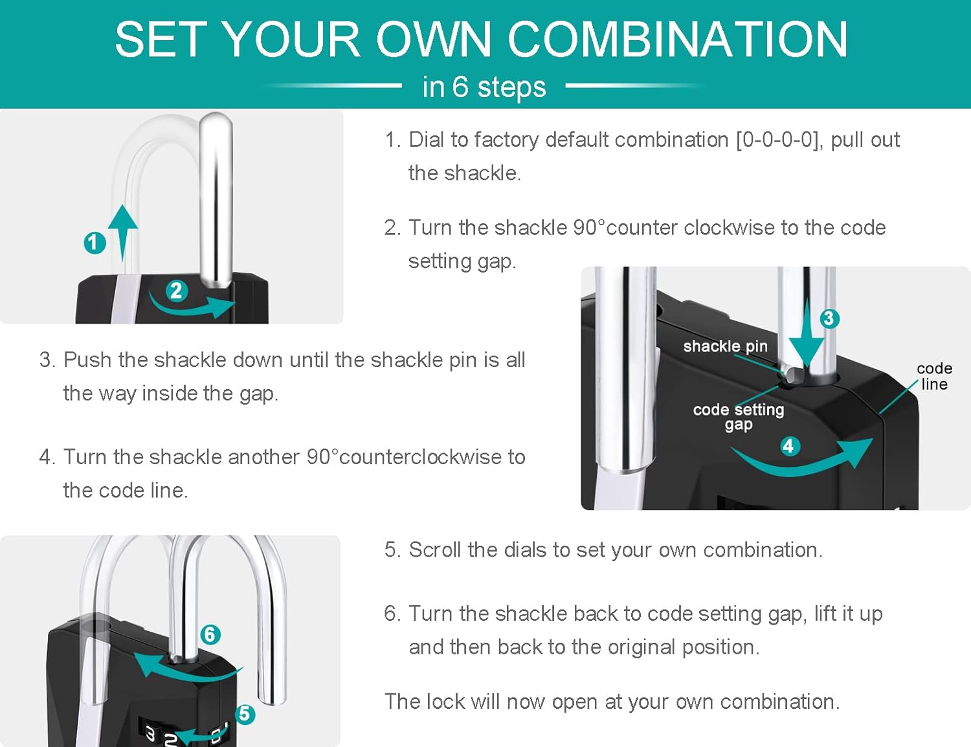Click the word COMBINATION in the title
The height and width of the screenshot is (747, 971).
[677, 39]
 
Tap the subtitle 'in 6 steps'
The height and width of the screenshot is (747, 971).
[484, 87]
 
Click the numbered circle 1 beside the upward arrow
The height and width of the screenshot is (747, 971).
[95, 243]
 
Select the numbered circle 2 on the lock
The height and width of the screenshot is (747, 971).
[177, 291]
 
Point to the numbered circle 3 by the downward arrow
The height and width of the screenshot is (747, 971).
[829, 318]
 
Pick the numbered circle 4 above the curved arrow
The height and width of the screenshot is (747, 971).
[789, 447]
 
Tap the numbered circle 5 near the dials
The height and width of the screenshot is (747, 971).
[245, 713]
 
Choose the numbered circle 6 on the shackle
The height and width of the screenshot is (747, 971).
[210, 634]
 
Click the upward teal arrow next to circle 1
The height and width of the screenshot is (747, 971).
[123, 233]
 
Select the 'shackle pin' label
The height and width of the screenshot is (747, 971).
[725, 346]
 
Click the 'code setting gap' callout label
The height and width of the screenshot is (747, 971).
[738, 417]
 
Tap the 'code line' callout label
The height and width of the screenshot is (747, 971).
[934, 376]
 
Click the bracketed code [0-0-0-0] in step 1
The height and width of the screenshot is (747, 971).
[779, 140]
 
